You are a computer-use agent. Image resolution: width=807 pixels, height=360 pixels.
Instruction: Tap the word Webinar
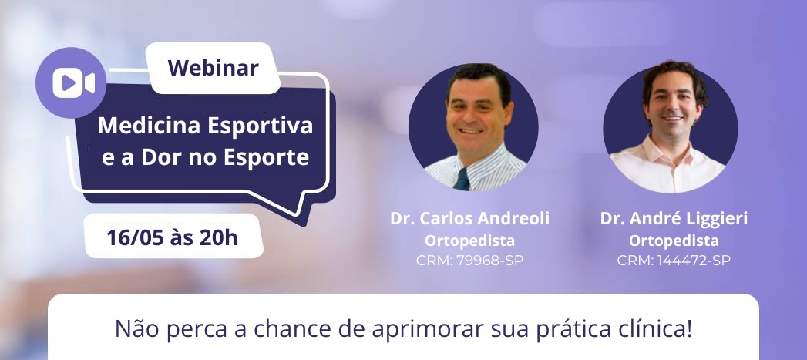[x=213, y=68]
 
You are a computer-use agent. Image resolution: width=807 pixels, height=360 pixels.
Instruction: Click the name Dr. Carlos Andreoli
[x=470, y=218]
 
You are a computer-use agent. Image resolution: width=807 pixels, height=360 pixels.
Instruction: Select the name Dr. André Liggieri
[x=674, y=218]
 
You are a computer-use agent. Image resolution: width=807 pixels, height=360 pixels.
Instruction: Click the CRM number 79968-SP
[x=489, y=261]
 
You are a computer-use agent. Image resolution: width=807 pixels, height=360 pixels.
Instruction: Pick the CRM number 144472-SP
[x=693, y=261]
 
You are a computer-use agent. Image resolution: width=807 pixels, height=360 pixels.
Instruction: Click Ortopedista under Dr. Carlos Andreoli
[x=469, y=241]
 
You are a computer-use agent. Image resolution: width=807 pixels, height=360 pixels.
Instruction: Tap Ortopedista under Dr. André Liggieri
[x=674, y=241]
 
